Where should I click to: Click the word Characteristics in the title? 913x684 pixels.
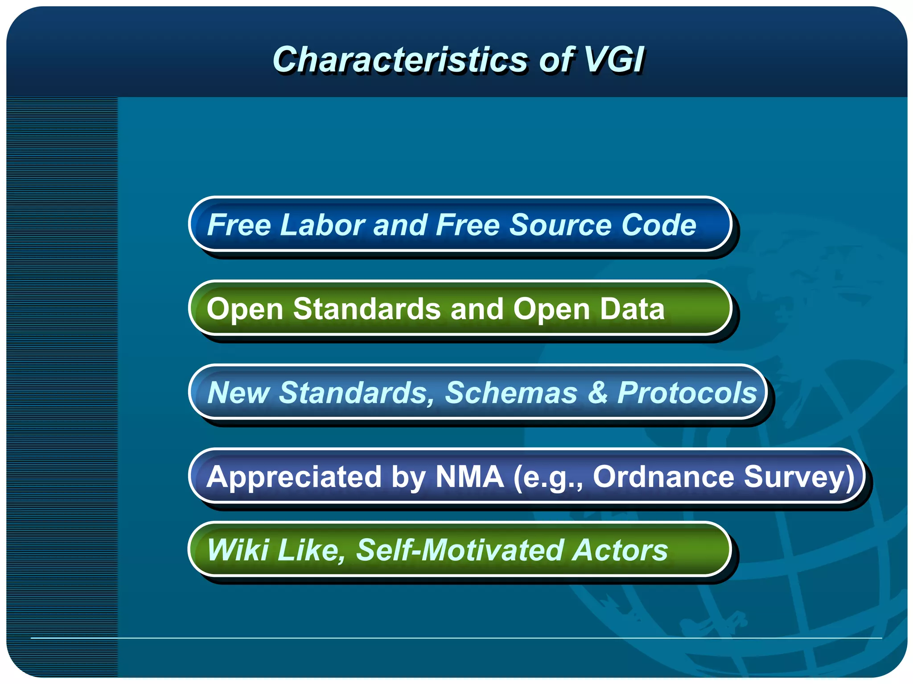point(399,60)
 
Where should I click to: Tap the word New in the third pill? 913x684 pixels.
point(238,393)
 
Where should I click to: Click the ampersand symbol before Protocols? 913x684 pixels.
point(597,393)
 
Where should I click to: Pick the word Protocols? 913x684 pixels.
point(687,393)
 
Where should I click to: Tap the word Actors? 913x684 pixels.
point(620,550)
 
